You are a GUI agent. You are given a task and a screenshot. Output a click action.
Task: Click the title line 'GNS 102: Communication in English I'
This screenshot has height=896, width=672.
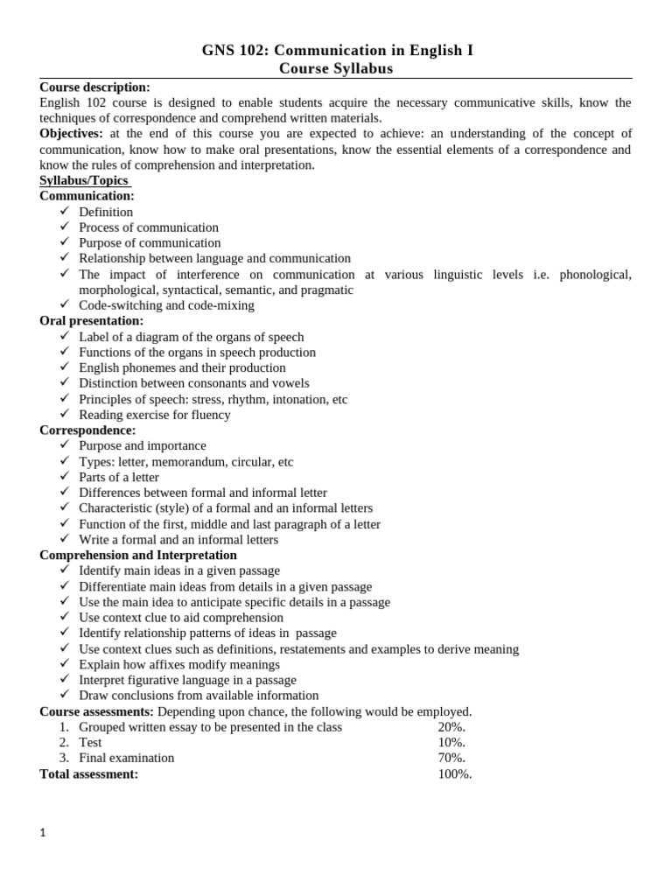point(336,51)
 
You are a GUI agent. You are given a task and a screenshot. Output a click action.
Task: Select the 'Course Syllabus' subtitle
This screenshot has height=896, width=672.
point(336,68)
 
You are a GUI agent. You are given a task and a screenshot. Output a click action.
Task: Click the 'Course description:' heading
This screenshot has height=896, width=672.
point(94,87)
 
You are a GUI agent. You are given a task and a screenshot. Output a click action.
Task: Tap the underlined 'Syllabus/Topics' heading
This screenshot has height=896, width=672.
point(84,180)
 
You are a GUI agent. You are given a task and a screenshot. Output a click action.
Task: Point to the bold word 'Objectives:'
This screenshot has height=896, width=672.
point(71,133)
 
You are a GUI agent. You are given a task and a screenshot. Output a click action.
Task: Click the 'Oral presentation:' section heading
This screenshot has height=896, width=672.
point(92,321)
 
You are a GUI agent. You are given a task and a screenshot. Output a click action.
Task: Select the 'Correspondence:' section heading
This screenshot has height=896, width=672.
point(87,430)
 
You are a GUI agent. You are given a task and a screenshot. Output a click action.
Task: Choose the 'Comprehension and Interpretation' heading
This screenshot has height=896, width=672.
point(138,555)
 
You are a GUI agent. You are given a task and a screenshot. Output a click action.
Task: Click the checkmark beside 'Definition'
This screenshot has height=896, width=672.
point(65,212)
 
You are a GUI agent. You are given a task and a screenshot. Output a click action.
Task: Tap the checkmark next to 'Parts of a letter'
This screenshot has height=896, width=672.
point(65,477)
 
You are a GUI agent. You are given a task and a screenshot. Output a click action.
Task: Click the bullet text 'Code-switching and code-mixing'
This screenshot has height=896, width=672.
point(166,305)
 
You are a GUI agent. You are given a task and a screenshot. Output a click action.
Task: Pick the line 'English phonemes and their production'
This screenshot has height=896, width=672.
point(182,367)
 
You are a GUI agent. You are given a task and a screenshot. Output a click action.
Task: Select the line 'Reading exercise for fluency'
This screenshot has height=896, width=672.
point(154,415)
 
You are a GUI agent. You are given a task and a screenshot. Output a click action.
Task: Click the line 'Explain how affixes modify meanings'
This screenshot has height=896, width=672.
point(179,664)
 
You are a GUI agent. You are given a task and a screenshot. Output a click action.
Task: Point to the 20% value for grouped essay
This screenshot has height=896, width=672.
point(451,727)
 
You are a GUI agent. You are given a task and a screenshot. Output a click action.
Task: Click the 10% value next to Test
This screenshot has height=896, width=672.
point(451,742)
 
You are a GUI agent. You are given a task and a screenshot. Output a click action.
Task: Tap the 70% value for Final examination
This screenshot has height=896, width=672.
point(451,758)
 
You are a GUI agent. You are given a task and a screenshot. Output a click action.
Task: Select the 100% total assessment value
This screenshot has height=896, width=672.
point(455,773)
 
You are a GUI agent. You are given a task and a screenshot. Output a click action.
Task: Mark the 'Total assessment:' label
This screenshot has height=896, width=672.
point(88,773)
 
